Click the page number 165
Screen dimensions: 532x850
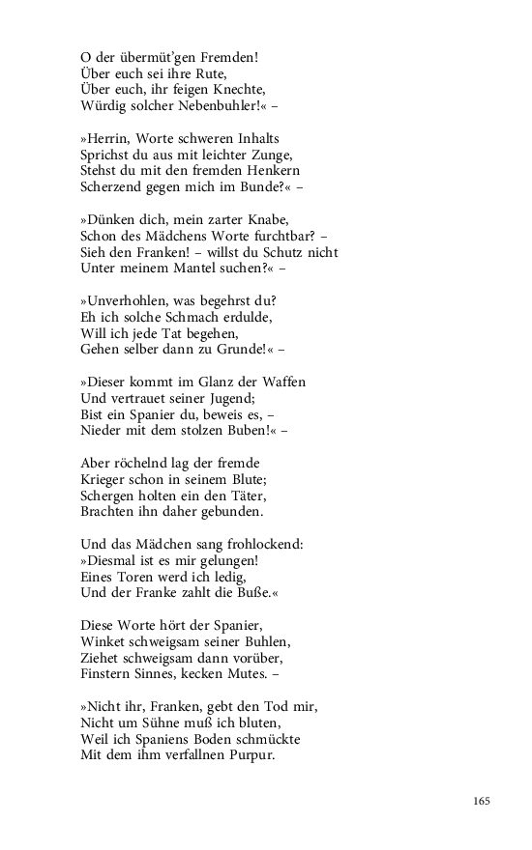483,801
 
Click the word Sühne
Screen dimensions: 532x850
168,722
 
